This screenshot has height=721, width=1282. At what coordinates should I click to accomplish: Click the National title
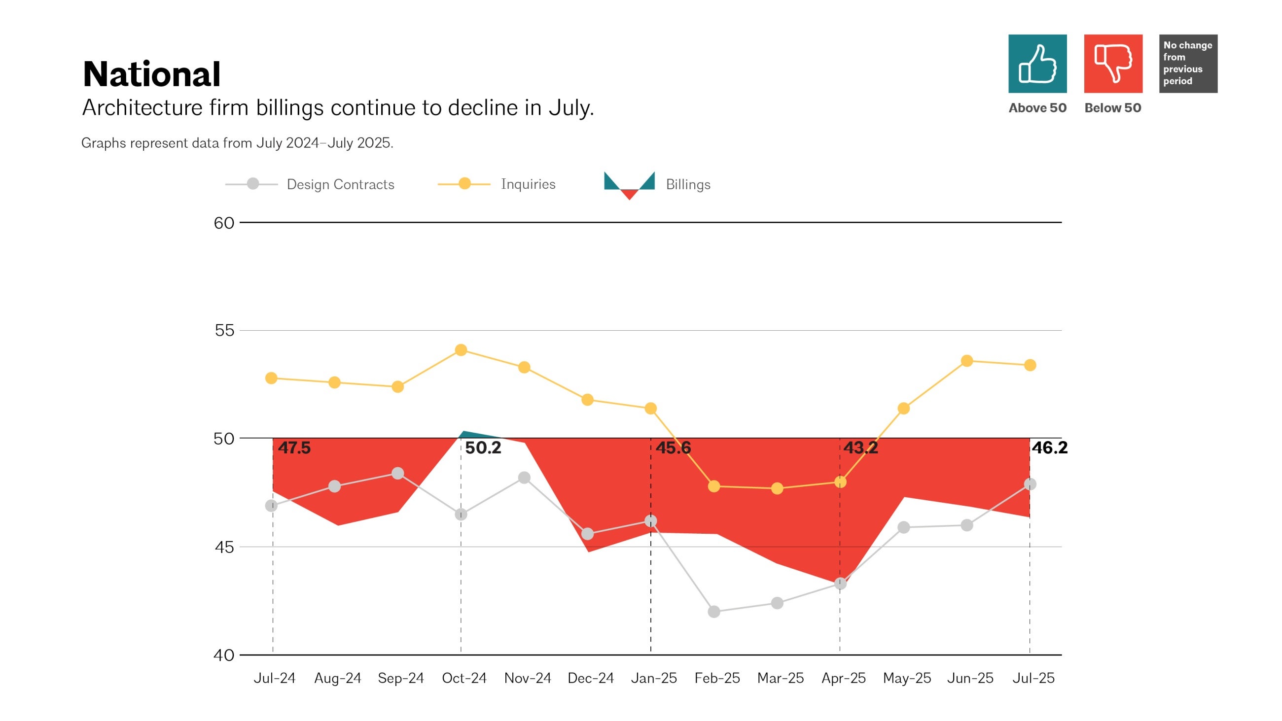pyautogui.click(x=151, y=74)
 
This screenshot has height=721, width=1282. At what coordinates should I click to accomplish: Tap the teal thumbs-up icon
pyautogui.click(x=1037, y=64)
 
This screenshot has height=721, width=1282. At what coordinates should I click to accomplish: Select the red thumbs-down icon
pyautogui.click(x=1113, y=64)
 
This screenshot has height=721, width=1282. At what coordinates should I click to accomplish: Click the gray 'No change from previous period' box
pyautogui.click(x=1188, y=64)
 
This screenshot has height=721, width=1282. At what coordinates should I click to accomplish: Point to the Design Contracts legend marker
pyautogui.click(x=253, y=184)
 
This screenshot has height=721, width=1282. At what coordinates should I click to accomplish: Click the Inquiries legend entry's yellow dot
pyautogui.click(x=464, y=184)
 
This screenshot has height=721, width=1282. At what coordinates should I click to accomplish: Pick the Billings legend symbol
pyautogui.click(x=629, y=185)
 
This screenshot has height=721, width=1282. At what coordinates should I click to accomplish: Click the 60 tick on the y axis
pyautogui.click(x=223, y=223)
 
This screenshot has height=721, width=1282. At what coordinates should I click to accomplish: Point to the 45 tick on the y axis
pyautogui.click(x=223, y=548)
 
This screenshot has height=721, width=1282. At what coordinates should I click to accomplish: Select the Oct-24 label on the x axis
pyautogui.click(x=464, y=678)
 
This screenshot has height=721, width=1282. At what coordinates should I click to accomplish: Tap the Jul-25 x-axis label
pyautogui.click(x=1033, y=678)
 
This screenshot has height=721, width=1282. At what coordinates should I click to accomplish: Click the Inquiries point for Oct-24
pyautogui.click(x=461, y=350)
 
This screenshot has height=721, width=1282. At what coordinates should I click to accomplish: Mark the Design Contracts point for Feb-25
pyautogui.click(x=713, y=612)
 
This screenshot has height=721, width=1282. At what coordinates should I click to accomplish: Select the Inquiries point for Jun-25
pyautogui.click(x=966, y=361)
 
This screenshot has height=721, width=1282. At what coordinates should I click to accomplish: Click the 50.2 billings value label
pyautogui.click(x=483, y=448)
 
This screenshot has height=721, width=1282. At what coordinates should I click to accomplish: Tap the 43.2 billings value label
pyautogui.click(x=860, y=448)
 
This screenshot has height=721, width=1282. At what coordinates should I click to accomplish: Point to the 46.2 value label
pyautogui.click(x=1050, y=448)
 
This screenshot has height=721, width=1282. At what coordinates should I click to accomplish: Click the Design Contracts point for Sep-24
pyautogui.click(x=397, y=473)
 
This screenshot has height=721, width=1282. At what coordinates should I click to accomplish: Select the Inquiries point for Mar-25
pyautogui.click(x=777, y=488)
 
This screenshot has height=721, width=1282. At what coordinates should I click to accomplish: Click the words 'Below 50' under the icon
pyautogui.click(x=1113, y=108)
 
